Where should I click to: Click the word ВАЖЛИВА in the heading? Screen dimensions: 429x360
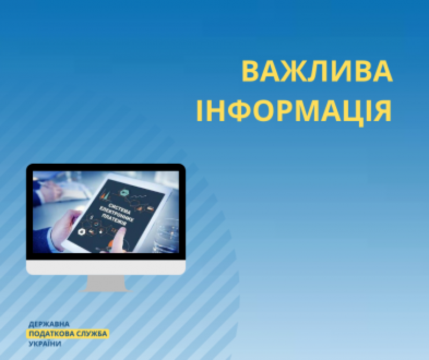[x=317, y=71]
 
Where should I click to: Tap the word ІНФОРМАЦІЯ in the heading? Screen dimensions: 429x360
[x=294, y=111]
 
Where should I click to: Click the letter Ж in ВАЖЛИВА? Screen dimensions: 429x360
[x=297, y=71]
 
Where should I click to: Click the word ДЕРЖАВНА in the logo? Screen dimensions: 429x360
[x=49, y=325]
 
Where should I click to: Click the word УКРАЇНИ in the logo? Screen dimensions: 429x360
[x=45, y=343]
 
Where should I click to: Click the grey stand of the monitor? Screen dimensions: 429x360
[x=106, y=283]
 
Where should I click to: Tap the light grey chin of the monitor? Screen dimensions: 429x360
[x=106, y=267]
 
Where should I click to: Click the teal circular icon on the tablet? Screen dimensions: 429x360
[x=125, y=193]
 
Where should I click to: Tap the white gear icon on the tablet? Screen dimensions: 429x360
[x=82, y=232]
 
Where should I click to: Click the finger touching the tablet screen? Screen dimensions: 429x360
[x=119, y=239]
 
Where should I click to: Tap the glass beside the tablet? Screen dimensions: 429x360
[x=166, y=236]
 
